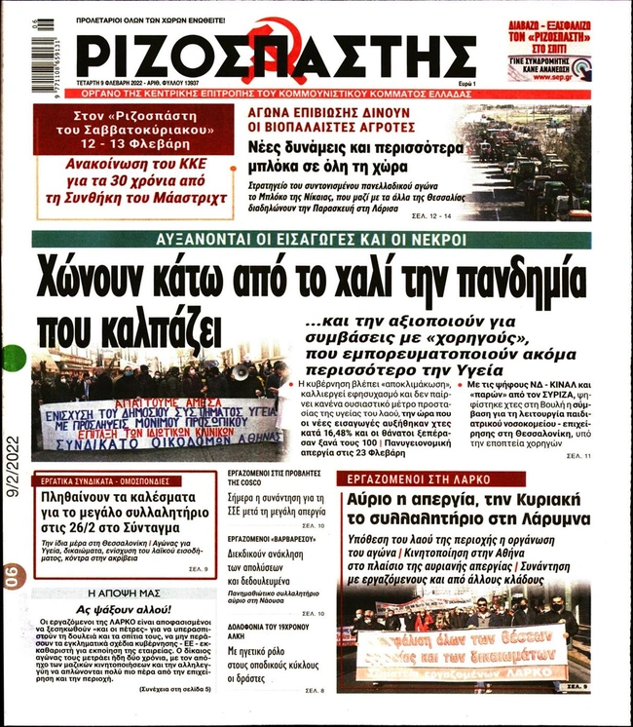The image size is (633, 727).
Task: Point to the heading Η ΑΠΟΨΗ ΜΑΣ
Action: pos(124,592)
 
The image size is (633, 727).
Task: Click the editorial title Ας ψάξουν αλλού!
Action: pos(124,607)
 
